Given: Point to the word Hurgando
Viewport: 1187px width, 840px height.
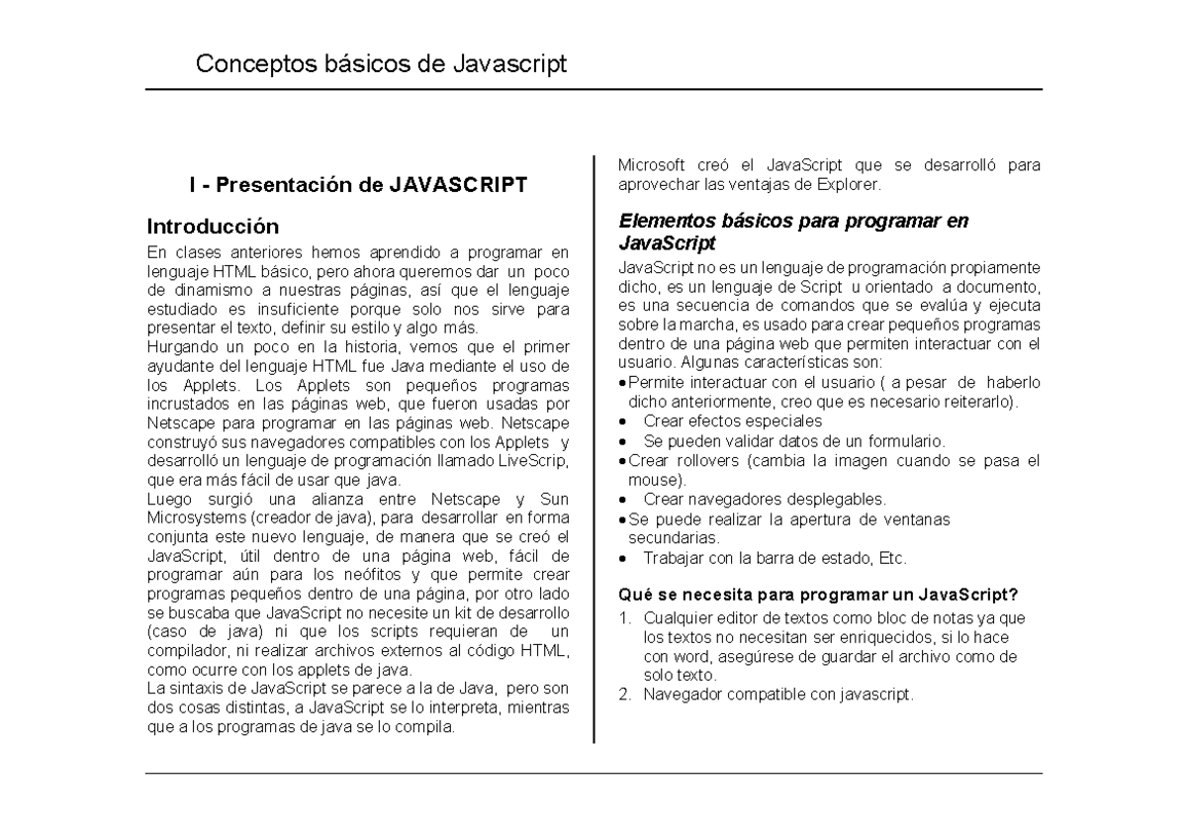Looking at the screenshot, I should pyautogui.click(x=180, y=345).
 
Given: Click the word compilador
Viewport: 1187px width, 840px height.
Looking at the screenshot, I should pyautogui.click(x=184, y=649).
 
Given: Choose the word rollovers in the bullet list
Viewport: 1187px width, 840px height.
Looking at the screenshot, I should pyautogui.click(x=705, y=460).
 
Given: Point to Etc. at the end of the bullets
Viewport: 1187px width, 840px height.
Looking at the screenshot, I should pyautogui.click(x=891, y=558).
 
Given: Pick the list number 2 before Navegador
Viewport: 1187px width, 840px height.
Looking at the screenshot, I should pyautogui.click(x=624, y=695).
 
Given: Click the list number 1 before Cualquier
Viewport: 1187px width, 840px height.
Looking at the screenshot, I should pyautogui.click(x=624, y=618).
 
